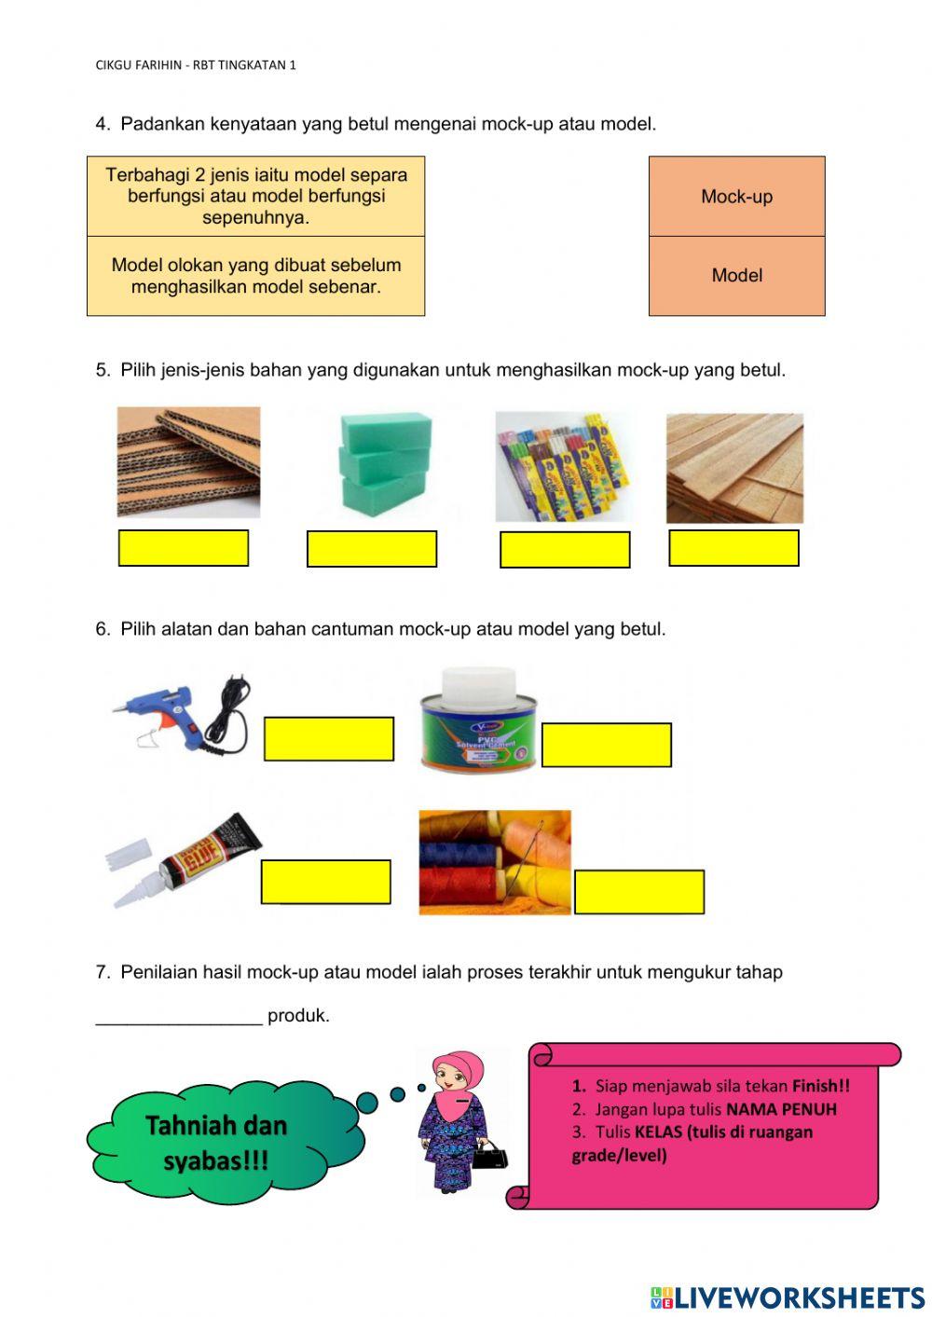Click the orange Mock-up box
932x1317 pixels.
(736, 197)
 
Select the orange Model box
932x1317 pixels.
(736, 276)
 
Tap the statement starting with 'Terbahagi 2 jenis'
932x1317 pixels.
(255, 197)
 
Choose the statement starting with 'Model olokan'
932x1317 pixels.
(255, 276)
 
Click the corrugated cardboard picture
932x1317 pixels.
(188, 461)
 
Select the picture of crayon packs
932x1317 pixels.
(562, 466)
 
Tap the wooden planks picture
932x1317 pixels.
(734, 468)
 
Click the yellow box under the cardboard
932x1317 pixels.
(184, 548)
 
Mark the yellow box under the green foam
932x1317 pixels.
(372, 549)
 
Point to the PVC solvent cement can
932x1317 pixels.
(478, 720)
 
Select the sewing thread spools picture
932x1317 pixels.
(494, 862)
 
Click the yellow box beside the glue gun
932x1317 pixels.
(329, 739)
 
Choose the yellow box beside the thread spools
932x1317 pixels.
(639, 892)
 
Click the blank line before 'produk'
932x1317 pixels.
(179, 1015)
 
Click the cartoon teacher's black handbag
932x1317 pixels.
(490, 1157)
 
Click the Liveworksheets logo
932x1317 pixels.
(788, 1297)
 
